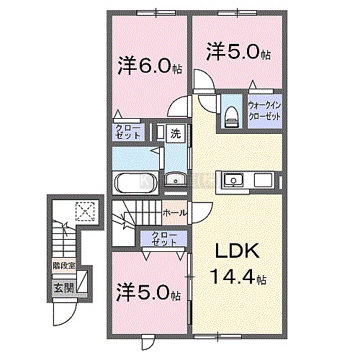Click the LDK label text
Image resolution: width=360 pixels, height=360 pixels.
pos(237,251)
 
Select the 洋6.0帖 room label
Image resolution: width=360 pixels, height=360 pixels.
pos(149,66)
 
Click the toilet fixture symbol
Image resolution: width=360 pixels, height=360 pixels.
pos(231,117)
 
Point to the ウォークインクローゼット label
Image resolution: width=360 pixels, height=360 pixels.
pos(264,111)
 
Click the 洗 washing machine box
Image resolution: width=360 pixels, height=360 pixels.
pos(176,134)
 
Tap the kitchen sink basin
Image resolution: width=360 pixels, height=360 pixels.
pos(233,179)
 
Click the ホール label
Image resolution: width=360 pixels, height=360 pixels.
pos(174,212)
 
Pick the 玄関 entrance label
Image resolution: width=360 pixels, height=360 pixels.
pos(63,288)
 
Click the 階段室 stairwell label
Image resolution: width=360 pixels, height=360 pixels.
pos(64,266)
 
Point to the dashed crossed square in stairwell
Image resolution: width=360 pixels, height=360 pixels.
pos(85,212)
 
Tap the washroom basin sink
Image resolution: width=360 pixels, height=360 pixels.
pos(174,179)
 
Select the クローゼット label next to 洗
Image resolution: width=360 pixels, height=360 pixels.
pos(127,132)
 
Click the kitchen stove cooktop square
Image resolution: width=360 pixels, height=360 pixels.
pos(263,180)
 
